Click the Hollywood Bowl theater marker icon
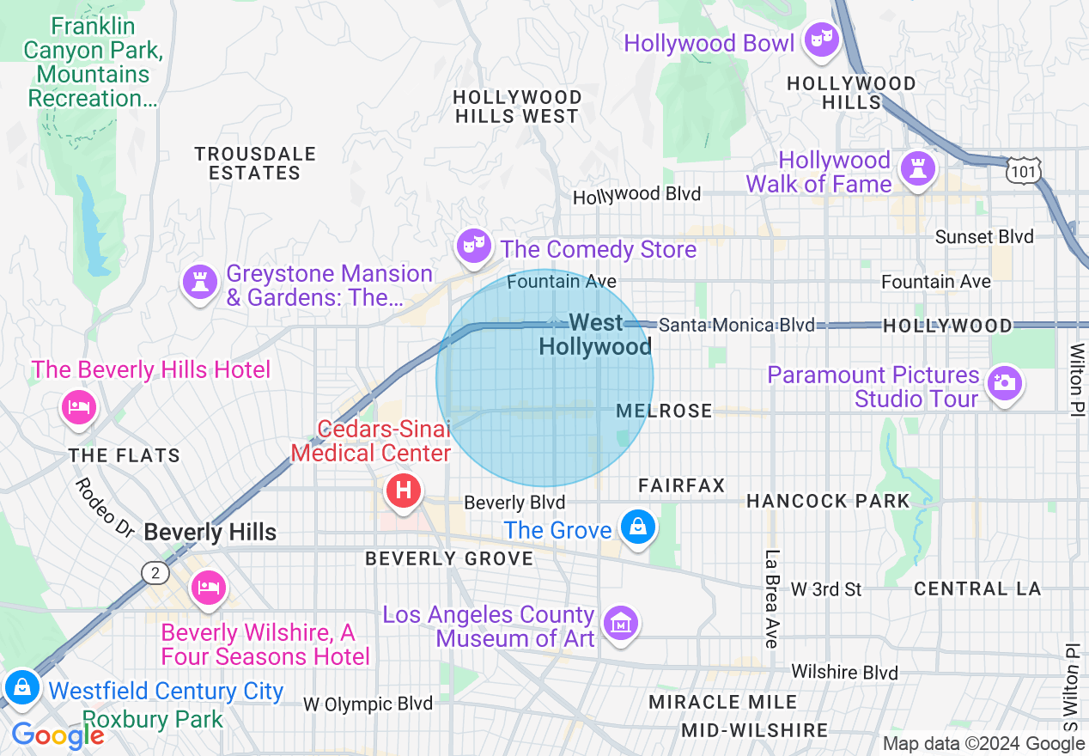[x=822, y=40]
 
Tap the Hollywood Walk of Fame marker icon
[x=918, y=168]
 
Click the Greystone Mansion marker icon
[x=200, y=282]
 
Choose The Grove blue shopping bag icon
[x=638, y=526]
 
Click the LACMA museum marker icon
[x=620, y=623]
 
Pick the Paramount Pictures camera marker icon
[x=1004, y=382]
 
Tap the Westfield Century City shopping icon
[x=21, y=687]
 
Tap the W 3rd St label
[x=826, y=589]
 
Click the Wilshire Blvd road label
[x=844, y=672]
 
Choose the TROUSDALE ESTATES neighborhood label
[x=255, y=163]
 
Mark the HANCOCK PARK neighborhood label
[x=827, y=501]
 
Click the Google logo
[x=58, y=735]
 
